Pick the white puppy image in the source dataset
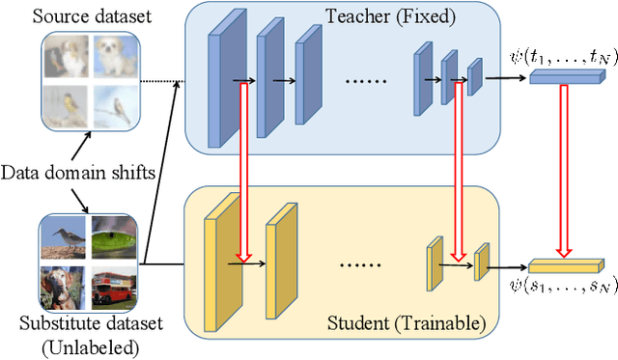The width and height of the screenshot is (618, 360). tap(111, 56)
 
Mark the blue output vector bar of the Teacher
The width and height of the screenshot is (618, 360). tap(562, 75)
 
